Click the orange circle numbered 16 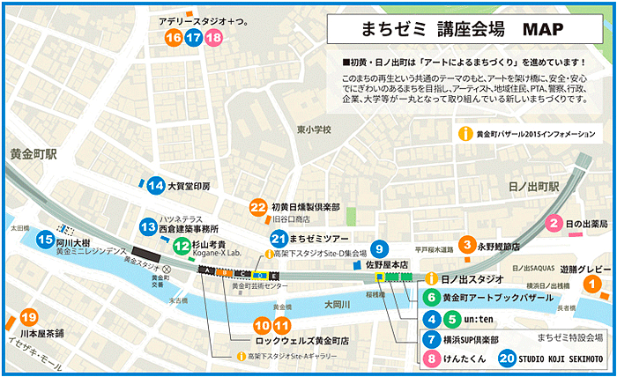pyautogui.click(x=174, y=38)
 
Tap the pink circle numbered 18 pyautogui.click(x=212, y=38)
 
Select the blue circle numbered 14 pyautogui.click(x=156, y=185)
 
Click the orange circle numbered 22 pyautogui.click(x=257, y=207)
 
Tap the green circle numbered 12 pyautogui.click(x=182, y=246)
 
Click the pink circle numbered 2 pyautogui.click(x=554, y=223)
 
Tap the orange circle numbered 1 pyautogui.click(x=592, y=284)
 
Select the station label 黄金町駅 pyautogui.click(x=29, y=152)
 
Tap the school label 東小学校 pyautogui.click(x=314, y=129)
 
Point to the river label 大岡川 pyautogui.click(x=337, y=305)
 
